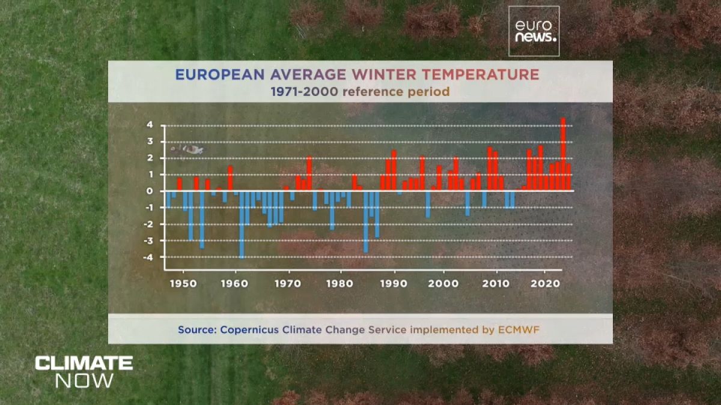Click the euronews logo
pos(534,31)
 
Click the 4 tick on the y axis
pos(150,125)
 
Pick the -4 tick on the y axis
pos(148,257)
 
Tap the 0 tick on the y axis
pos(150,191)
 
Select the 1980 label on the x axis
pos(340,283)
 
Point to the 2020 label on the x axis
pos(546,283)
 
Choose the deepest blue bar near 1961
pos(242,224)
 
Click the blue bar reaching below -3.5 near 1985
pos(365,221)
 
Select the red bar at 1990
pos(394,170)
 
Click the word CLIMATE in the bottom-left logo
pos(84,363)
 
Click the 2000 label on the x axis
pos(443,283)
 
